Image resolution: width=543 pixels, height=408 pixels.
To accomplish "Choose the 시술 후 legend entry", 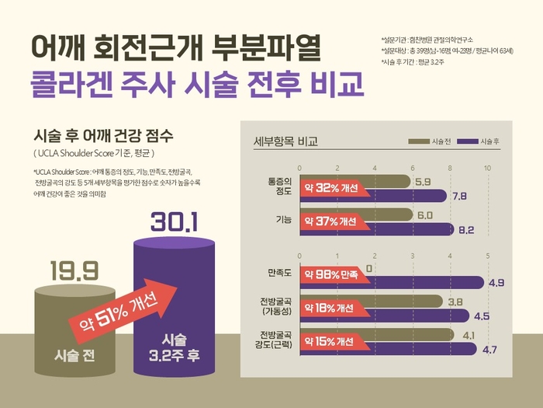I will coord(482,141).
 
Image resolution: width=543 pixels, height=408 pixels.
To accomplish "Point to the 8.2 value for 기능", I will coord(466,230).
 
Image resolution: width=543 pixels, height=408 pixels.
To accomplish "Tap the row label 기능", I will coord(283,221).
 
